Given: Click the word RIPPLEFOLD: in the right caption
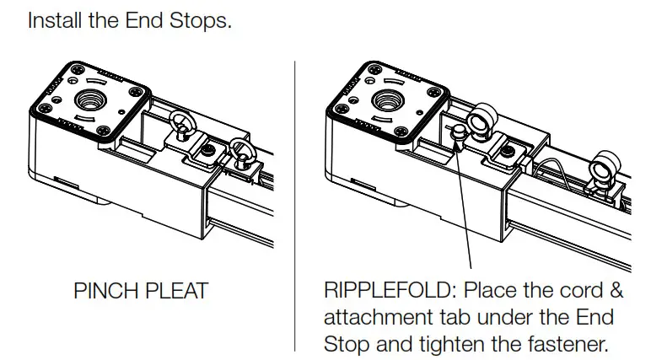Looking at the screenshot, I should (389, 291).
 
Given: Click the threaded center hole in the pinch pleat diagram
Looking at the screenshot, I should (89, 102).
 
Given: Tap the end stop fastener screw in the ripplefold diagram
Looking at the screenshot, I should (508, 151).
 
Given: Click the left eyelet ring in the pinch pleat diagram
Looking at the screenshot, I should (181, 125).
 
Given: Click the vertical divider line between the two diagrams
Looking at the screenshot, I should (294, 202).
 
